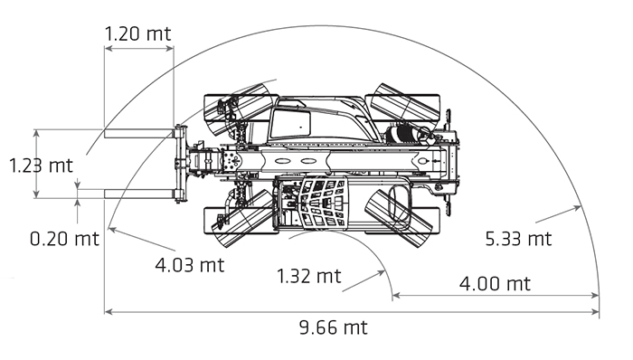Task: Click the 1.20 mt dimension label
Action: click(138, 33)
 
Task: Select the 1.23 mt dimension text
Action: click(41, 166)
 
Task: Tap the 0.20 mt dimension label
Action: click(64, 239)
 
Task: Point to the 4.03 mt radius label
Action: click(190, 265)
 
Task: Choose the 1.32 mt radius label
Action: click(309, 277)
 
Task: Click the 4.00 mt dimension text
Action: click(495, 284)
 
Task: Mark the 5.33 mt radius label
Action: click(518, 239)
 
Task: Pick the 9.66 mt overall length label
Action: click(334, 327)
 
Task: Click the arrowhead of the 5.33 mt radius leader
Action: click(577, 208)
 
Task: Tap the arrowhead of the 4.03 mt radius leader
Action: click(113, 230)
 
